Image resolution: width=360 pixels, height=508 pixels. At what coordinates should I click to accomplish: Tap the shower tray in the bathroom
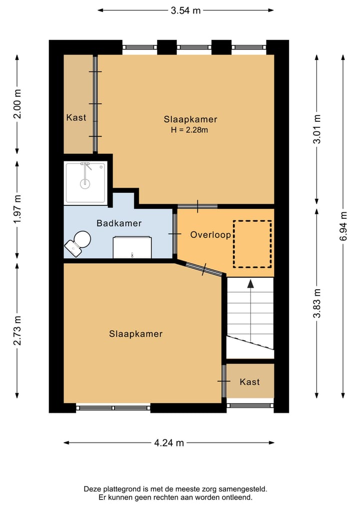(85, 183)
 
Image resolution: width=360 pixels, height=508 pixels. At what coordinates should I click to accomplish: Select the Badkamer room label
(119, 223)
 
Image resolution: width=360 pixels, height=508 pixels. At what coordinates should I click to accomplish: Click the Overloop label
(210, 235)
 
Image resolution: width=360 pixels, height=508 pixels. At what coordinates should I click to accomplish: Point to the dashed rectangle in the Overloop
(252, 244)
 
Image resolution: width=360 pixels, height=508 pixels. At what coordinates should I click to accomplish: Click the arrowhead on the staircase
(250, 284)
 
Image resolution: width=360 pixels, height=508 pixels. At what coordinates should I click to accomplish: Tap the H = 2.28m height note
(189, 130)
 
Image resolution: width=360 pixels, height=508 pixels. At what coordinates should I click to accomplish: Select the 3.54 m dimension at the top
(186, 10)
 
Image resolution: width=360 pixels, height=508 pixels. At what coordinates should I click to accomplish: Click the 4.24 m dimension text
(168, 443)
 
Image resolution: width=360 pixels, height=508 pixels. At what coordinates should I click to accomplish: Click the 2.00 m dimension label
(17, 104)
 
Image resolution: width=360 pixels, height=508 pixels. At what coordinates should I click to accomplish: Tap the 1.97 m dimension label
(17, 209)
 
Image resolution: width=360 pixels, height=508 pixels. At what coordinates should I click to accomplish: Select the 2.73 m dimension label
(17, 330)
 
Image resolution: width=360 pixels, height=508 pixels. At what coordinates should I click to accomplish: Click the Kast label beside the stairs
(249, 382)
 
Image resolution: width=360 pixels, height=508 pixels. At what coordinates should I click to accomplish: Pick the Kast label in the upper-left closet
(76, 117)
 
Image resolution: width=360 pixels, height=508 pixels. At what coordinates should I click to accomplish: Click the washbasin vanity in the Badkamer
(132, 247)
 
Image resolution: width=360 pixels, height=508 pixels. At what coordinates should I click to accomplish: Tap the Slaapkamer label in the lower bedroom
(135, 334)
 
